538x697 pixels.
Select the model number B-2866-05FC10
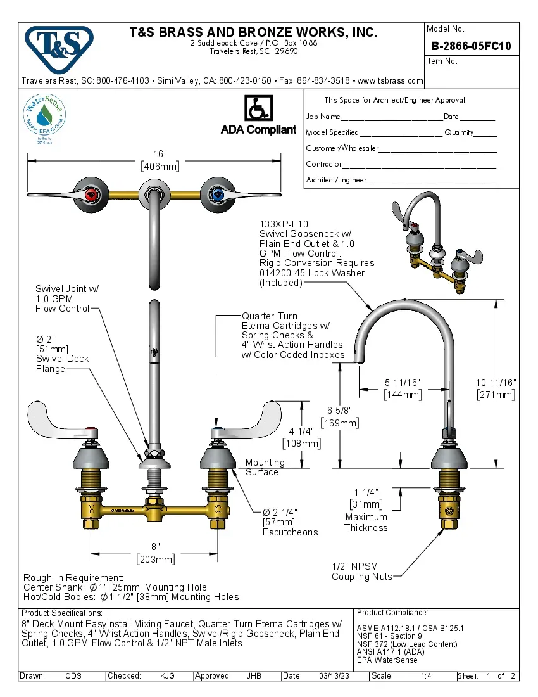[x=471, y=46]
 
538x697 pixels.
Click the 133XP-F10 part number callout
[x=284, y=224]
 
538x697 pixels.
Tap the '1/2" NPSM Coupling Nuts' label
[x=361, y=571]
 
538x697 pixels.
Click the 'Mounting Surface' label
[x=261, y=467]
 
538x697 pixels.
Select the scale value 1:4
[x=425, y=676]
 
